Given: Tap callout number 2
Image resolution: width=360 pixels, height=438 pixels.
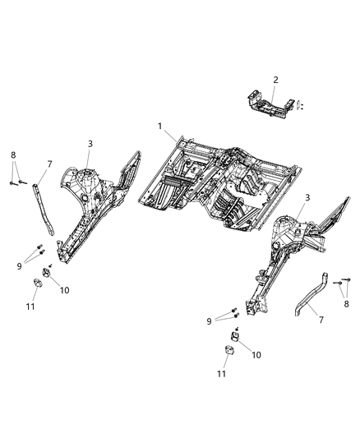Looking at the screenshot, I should point(275,80).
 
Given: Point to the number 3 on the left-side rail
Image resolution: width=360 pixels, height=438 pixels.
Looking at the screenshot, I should point(90,143).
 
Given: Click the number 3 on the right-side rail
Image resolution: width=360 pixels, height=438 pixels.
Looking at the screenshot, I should point(307,198).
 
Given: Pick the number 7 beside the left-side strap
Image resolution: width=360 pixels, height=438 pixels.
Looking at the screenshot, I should point(50,164).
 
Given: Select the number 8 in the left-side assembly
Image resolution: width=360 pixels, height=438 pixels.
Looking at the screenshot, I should point(12,154).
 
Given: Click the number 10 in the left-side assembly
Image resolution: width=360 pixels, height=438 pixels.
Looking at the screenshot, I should point(65,289).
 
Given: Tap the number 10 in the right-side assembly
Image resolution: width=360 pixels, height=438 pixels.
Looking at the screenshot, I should point(256,354).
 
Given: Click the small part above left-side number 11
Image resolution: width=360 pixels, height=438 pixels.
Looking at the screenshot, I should point(38,284).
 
